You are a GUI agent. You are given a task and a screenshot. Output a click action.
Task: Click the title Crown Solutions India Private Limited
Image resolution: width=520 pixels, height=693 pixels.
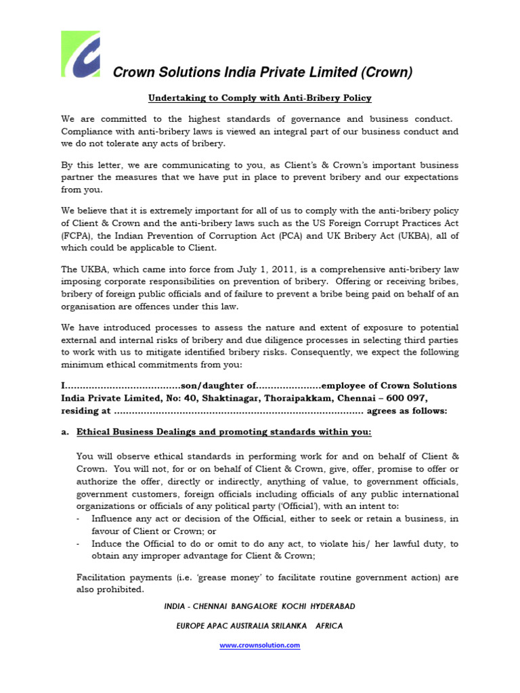click(x=262, y=72)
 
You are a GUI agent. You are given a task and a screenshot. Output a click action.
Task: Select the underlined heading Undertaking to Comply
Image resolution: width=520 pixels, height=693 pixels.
click(x=260, y=98)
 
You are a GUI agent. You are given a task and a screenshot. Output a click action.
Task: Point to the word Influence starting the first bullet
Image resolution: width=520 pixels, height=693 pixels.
click(x=114, y=518)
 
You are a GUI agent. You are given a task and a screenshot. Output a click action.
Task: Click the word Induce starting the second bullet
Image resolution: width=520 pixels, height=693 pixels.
click(x=108, y=543)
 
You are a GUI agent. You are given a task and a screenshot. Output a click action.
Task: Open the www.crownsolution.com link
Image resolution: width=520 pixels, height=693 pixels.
click(x=260, y=646)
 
